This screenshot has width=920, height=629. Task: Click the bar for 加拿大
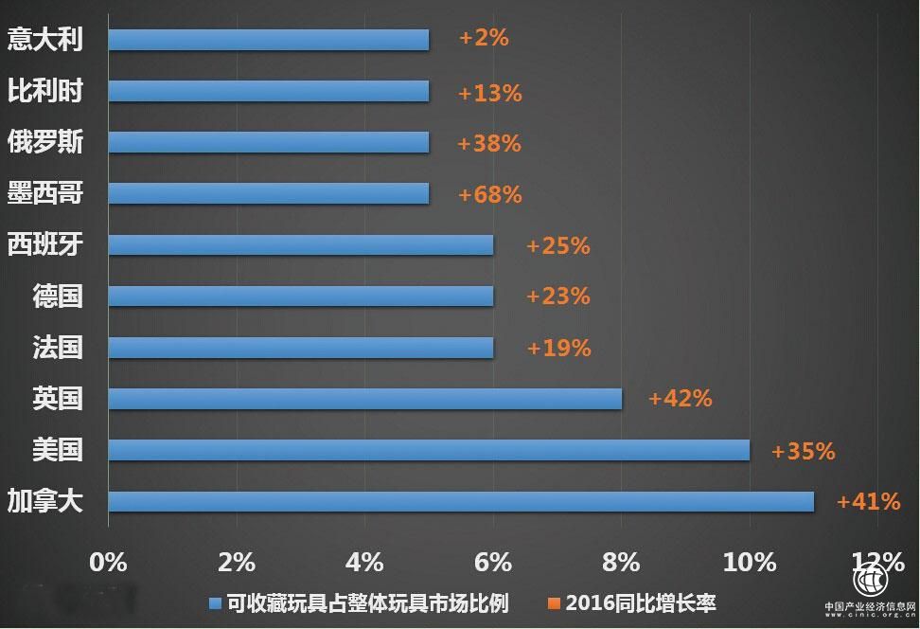tap(461, 501)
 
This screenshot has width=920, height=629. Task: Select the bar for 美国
tap(429, 450)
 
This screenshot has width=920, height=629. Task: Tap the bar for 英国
tap(364, 399)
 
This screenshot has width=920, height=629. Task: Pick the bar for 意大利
tap(269, 40)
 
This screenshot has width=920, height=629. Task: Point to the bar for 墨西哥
tap(269, 194)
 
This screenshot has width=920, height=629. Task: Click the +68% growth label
tap(489, 194)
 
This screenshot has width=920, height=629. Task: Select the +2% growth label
tap(484, 38)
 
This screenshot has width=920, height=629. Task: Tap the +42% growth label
tap(680, 398)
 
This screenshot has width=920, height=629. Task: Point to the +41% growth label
tap(868, 501)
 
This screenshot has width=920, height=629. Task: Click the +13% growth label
tap(489, 93)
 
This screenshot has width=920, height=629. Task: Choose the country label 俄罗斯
tap(45, 143)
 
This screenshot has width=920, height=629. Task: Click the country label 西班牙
tap(45, 245)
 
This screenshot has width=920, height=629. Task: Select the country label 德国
tap(58, 297)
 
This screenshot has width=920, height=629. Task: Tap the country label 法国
tap(58, 348)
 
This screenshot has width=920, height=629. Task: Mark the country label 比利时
tap(45, 92)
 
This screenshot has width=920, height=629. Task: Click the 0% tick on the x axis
tap(108, 561)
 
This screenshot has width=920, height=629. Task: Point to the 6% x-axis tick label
tap(493, 561)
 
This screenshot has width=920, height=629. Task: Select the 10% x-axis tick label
tap(750, 561)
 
